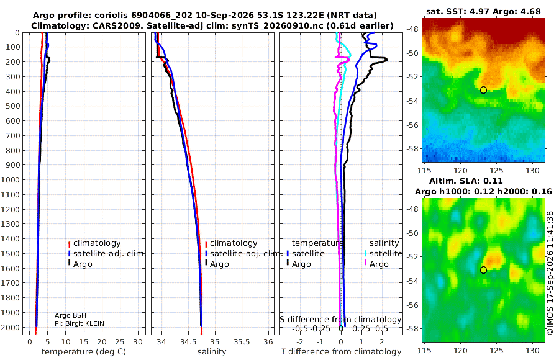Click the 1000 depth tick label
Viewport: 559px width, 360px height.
pos(11,180)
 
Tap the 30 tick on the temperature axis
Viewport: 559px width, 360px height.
pos(138,342)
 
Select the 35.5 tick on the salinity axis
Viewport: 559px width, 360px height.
pos(242,342)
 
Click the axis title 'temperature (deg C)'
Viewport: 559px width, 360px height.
pos(84,352)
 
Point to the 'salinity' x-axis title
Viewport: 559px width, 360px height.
pos(212,352)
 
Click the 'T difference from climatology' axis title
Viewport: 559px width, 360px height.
pos(341,352)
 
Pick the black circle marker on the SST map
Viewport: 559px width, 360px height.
pos(483,90)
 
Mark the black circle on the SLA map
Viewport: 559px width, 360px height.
pos(483,270)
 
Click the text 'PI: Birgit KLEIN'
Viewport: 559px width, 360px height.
pos(80,323)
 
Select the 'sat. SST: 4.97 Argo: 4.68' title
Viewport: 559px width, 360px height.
pos(483,11)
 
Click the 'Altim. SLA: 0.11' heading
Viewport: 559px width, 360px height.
pos(466,181)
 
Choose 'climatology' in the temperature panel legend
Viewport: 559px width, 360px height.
pos(97,243)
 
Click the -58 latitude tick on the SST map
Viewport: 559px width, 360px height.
pos(413,148)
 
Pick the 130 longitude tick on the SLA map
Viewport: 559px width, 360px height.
pos(533,350)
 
